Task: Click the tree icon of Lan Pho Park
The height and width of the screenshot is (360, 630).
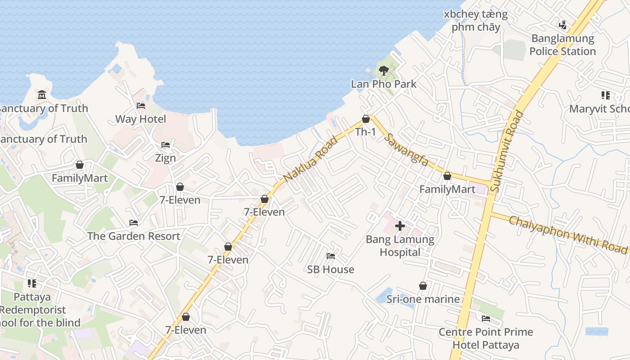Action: coord(383,70)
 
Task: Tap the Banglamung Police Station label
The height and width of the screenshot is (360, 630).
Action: coord(562,45)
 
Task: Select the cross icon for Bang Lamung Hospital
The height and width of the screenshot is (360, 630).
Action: coord(400,226)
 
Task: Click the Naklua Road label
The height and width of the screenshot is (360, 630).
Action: coord(310,159)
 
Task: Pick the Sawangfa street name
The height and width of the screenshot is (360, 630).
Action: coord(408,149)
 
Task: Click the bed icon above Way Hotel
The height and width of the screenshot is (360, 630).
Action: coord(141,106)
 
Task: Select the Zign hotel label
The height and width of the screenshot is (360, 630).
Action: coord(165,158)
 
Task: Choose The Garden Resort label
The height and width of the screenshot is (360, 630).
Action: coord(134,236)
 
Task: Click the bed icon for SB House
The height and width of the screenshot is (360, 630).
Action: coord(331,256)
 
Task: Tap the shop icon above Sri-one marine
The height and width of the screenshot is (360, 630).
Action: coord(423,286)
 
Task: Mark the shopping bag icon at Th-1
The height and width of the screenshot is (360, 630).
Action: coord(366,119)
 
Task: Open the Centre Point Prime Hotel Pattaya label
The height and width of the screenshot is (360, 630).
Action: coord(486,338)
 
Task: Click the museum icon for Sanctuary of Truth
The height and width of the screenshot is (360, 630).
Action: coord(42,94)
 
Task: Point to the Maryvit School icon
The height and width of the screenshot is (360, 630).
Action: coord(605,95)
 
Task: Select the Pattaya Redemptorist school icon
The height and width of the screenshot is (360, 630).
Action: coord(32,283)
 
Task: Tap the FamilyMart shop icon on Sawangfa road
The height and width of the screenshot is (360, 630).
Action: coord(447,176)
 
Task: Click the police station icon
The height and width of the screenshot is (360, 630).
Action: coord(562,25)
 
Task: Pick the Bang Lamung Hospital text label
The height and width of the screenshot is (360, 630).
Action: coord(400,246)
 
